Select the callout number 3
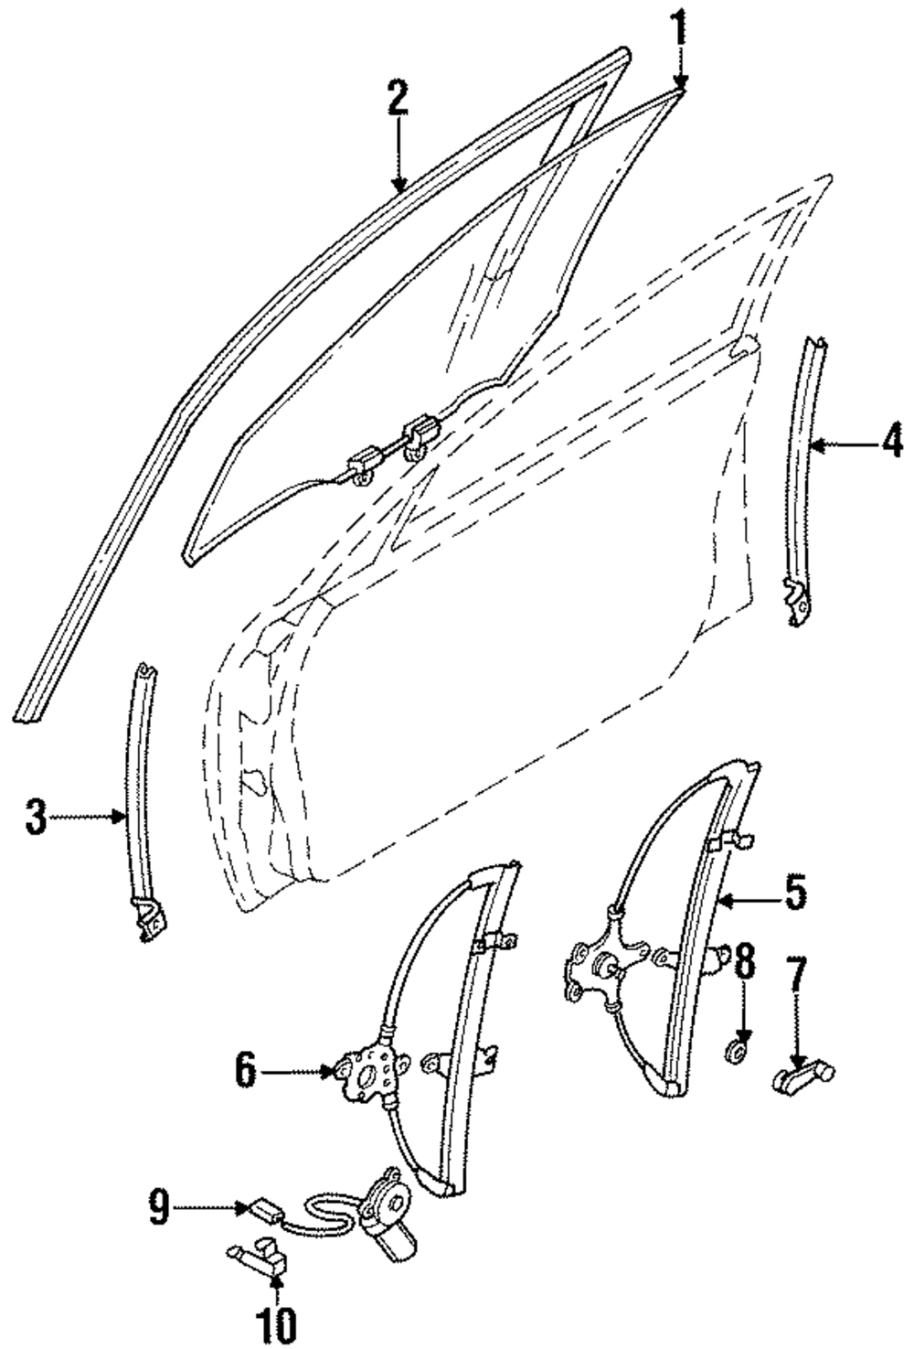35,817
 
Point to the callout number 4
892,445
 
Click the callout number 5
795,892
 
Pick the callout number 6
245,1071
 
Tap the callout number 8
744,961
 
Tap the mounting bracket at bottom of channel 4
797,601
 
